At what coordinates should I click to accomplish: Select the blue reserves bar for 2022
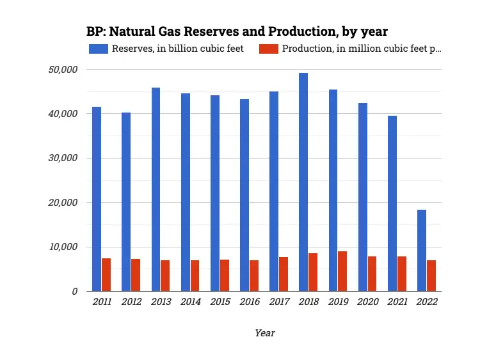tap(422, 250)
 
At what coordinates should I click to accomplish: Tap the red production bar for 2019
tap(342, 271)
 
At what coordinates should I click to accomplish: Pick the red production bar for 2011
tap(106, 274)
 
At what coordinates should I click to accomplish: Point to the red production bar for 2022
tap(431, 276)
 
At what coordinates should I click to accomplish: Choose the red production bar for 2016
tap(254, 276)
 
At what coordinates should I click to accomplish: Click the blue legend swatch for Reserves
tap(99, 49)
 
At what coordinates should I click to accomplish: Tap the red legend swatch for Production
tap(269, 49)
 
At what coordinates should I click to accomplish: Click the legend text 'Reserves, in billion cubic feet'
tap(177, 49)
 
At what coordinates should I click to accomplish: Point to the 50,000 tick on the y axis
tap(63, 69)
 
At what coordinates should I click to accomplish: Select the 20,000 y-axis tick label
tap(63, 203)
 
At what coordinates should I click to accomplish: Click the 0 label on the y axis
tap(75, 292)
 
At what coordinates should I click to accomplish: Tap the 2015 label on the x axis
tap(220, 302)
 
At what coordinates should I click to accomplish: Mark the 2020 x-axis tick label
tap(367, 302)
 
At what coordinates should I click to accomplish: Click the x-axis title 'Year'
tap(264, 333)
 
